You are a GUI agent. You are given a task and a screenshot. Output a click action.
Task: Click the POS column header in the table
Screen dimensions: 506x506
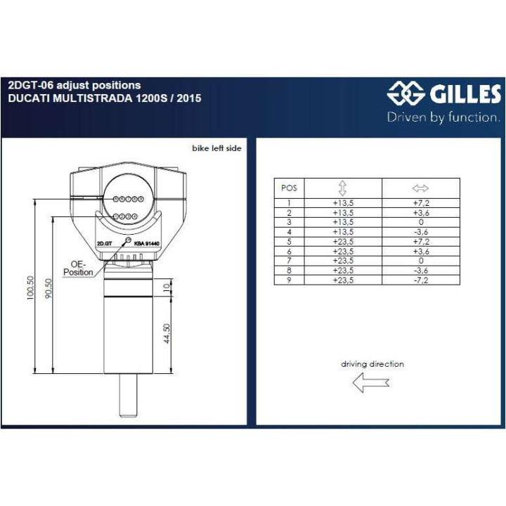click(289, 188)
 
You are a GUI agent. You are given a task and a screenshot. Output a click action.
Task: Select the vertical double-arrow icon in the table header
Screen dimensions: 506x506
click(343, 188)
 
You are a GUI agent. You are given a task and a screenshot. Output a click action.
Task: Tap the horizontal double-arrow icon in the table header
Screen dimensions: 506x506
click(420, 188)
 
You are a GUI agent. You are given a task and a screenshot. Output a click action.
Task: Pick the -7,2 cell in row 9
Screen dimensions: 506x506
click(420, 280)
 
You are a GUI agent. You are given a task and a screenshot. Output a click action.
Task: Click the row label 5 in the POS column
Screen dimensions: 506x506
click(289, 241)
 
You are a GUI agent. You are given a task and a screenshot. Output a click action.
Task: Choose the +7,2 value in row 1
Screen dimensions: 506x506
click(420, 203)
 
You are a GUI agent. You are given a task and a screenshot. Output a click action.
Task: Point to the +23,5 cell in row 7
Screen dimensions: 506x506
click(343, 261)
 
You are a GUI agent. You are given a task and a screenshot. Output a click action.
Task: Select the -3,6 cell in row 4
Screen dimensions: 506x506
click(420, 232)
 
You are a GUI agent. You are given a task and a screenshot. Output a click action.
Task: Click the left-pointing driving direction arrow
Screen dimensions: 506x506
click(370, 383)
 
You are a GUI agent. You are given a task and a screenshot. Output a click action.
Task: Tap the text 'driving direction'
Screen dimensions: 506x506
click(372, 364)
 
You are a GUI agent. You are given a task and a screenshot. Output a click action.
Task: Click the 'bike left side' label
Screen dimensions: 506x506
click(216, 149)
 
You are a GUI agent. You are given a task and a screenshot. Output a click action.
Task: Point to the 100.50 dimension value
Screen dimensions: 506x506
click(30, 287)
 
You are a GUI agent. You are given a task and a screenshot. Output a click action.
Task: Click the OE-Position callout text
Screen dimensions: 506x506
click(78, 268)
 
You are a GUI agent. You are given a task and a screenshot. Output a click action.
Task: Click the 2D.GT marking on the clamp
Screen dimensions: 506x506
click(104, 245)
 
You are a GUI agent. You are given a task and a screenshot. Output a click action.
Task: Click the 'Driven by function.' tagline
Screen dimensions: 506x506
click(443, 117)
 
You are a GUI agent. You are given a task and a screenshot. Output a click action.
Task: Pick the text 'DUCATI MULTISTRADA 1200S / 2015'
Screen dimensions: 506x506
click(104, 98)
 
